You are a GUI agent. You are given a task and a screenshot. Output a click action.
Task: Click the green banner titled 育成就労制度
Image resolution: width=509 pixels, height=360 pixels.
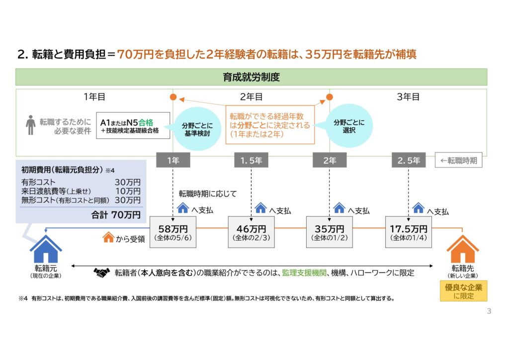(x=251, y=77)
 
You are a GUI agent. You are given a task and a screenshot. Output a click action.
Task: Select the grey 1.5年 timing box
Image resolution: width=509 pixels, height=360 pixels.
(x=251, y=160)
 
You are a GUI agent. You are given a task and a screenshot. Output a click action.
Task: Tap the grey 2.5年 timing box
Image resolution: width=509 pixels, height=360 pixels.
(x=409, y=160)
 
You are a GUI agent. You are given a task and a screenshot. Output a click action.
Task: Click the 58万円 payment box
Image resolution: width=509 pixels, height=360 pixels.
(x=173, y=232)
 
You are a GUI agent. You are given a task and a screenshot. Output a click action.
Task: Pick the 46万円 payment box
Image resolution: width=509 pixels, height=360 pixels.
(x=251, y=232)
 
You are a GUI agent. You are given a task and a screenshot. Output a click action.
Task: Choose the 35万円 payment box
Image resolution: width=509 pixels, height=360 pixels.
(x=330, y=232)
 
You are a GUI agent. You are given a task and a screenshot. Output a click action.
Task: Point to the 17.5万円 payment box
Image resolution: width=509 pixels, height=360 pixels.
(x=409, y=232)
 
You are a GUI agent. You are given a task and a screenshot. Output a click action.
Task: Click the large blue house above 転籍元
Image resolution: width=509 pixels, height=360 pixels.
(x=46, y=249)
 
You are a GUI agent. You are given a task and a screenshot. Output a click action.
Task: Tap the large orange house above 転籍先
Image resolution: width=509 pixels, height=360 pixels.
(x=463, y=249)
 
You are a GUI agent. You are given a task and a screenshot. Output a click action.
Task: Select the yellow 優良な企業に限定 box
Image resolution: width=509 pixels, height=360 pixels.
(x=464, y=291)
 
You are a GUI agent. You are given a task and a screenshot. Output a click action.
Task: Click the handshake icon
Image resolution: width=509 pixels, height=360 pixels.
(x=101, y=272)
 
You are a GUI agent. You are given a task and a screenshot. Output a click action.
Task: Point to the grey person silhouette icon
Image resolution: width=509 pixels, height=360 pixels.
(x=30, y=125)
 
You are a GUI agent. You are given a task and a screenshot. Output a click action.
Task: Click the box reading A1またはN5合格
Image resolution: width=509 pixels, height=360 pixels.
(x=133, y=126)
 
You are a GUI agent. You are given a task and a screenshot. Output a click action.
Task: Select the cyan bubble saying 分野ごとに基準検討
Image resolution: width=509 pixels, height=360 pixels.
(x=197, y=129)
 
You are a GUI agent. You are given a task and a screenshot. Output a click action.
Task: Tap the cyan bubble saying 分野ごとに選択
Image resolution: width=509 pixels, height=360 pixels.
(x=349, y=126)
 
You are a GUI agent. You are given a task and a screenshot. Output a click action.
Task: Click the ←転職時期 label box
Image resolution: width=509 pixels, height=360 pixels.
(x=459, y=161)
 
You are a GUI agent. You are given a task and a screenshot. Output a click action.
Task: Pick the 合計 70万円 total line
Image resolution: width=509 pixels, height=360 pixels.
(x=116, y=215)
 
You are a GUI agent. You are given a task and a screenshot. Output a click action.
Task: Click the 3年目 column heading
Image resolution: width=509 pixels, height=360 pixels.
(x=408, y=97)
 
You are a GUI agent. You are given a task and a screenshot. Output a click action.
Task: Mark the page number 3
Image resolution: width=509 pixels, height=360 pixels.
(x=489, y=311)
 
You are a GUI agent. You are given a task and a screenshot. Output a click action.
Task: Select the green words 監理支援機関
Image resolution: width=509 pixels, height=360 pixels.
(x=304, y=272)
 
